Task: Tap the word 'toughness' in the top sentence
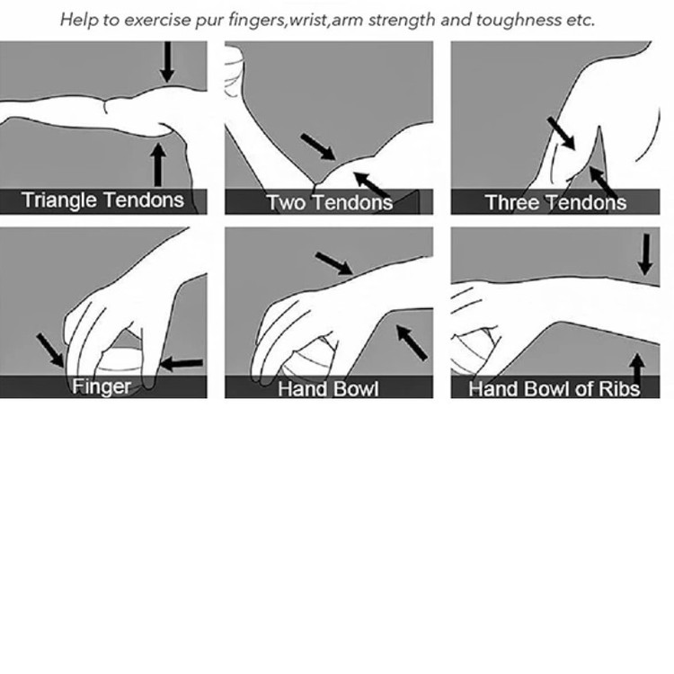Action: [x=518, y=20]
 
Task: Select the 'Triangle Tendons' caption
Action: [x=102, y=200]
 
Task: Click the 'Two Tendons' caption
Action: [x=329, y=202]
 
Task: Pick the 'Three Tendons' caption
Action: [x=555, y=202]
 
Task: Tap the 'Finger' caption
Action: [x=101, y=386]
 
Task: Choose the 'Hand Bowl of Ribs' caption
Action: [x=554, y=388]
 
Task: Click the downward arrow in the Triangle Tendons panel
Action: [x=167, y=62]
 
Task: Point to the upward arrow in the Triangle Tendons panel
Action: [x=158, y=165]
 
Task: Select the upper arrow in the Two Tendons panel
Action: [x=318, y=147]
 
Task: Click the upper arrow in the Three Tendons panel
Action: [x=561, y=133]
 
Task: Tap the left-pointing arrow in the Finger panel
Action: [x=181, y=364]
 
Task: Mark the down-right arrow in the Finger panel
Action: [x=50, y=350]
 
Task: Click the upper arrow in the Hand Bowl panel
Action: [x=334, y=263]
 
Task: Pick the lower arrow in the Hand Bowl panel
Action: [x=412, y=342]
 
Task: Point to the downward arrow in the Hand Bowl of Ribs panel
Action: [x=644, y=254]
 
